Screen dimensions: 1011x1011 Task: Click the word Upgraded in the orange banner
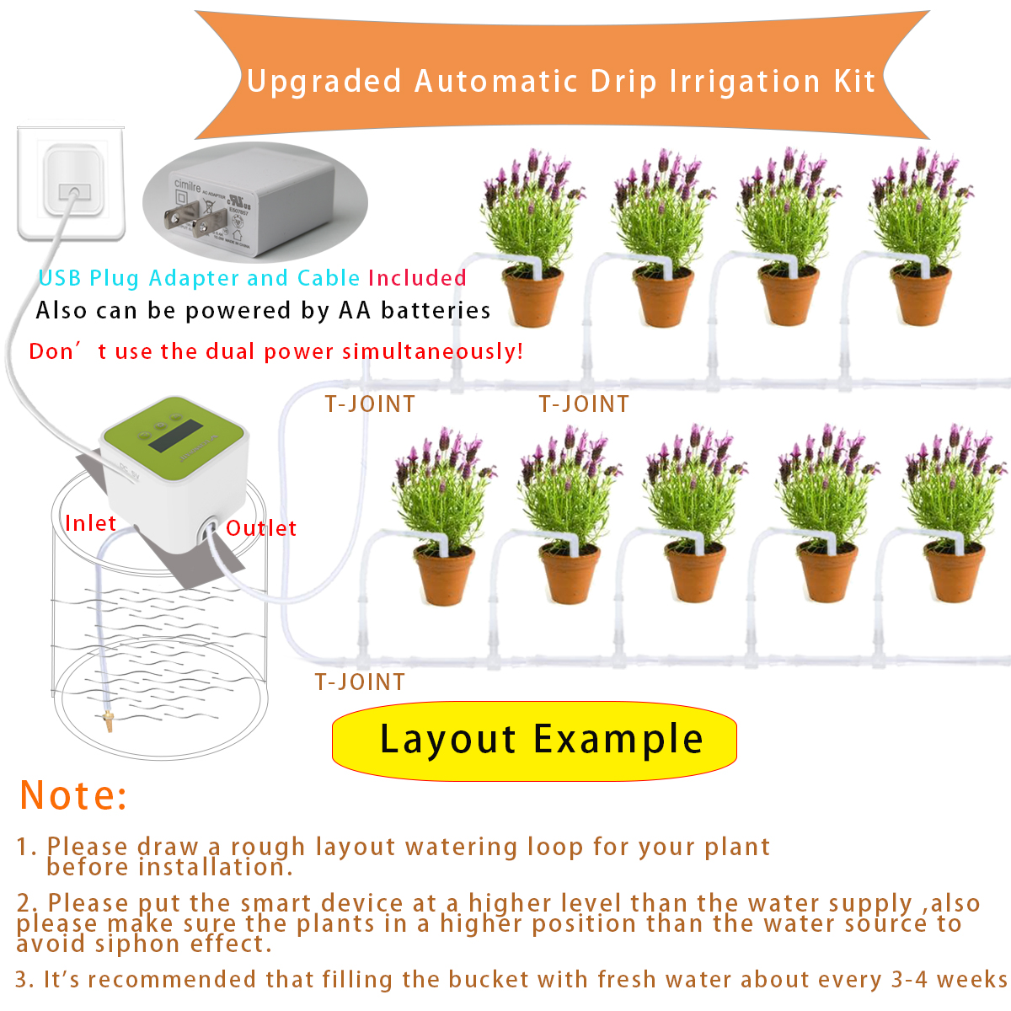click(x=324, y=82)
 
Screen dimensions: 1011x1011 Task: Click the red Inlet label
click(x=90, y=523)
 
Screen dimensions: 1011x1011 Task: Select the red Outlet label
click(x=261, y=528)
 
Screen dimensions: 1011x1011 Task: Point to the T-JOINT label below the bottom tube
click(x=360, y=682)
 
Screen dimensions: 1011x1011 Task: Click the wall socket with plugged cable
click(x=71, y=184)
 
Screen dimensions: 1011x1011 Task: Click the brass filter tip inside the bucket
click(x=107, y=721)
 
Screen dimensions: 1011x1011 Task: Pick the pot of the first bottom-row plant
click(x=445, y=575)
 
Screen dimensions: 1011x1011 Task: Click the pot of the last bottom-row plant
click(x=954, y=573)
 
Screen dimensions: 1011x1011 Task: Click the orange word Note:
click(x=73, y=795)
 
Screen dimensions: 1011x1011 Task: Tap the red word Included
click(x=417, y=278)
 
